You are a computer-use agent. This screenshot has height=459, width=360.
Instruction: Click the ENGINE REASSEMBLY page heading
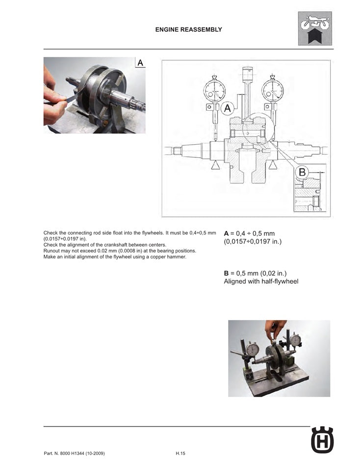pos(188,29)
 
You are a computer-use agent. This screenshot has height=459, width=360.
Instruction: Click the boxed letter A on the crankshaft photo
pos(140,63)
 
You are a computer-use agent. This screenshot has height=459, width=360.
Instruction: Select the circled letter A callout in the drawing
pos(227,108)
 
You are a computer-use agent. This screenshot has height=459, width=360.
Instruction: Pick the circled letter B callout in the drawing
pos(302,172)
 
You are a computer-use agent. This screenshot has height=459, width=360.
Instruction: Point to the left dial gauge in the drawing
pos(214,89)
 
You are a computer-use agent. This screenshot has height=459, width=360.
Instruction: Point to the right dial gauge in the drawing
pos(272,89)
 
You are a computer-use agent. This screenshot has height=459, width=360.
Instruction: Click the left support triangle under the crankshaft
pos(215,166)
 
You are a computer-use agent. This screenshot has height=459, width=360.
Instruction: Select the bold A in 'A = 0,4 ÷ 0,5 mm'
pos(227,233)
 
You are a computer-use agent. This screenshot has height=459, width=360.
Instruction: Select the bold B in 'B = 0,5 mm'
pos(227,273)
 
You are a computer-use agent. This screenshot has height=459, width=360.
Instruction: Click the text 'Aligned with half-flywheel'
pos(261,281)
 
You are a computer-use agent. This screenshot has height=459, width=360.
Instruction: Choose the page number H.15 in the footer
pos(180,453)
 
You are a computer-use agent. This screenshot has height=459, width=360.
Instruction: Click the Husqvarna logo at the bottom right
pos(322,440)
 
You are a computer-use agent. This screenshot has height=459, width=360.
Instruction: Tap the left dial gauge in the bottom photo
pos(252,350)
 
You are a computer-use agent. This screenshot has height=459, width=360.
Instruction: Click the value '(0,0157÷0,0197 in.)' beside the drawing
pos(253,242)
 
